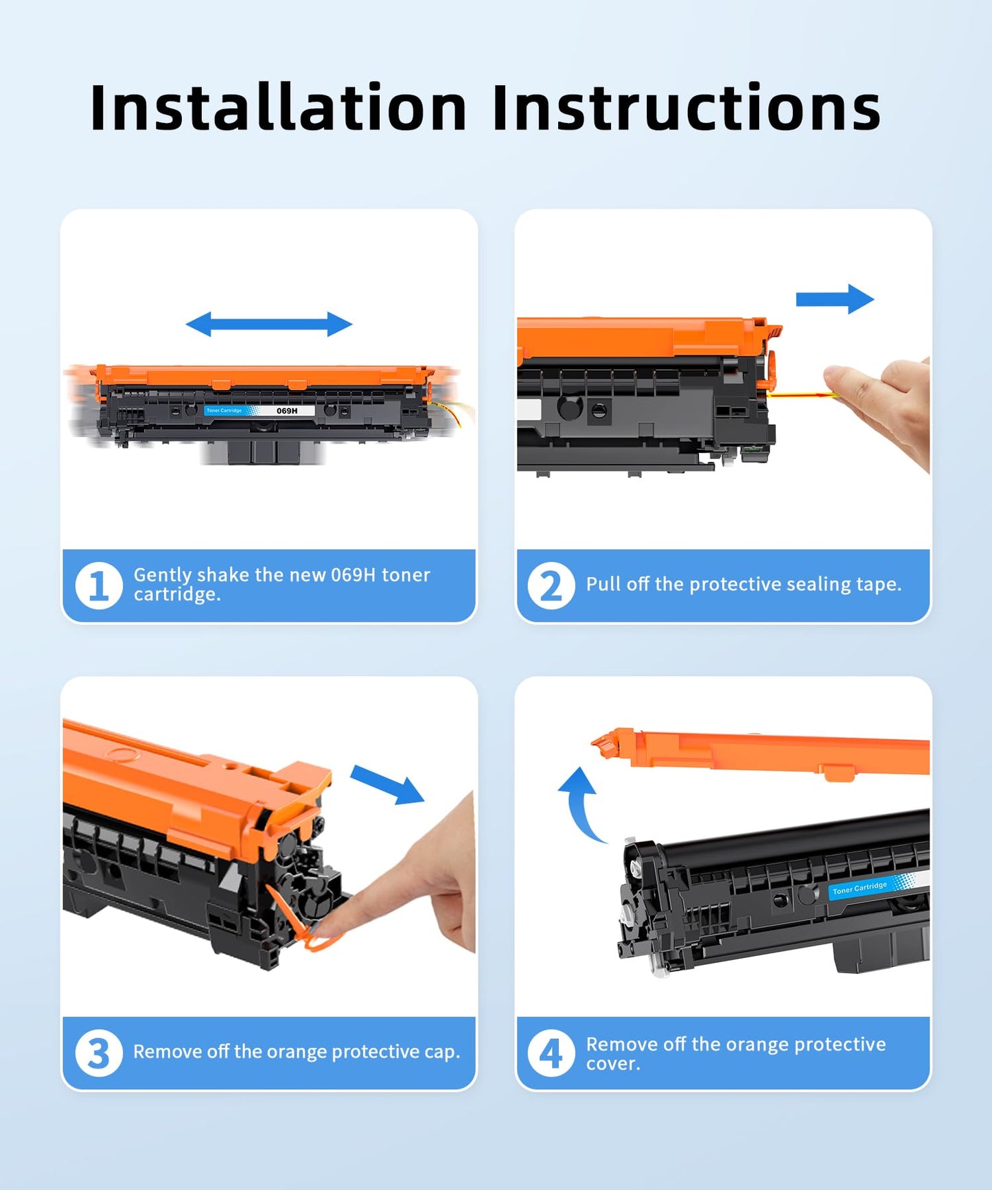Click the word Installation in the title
[x=278, y=108]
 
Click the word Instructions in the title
[x=686, y=108]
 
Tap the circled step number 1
[x=99, y=585]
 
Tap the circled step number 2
[x=551, y=585]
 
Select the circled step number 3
[x=99, y=1053]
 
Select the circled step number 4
[x=551, y=1053]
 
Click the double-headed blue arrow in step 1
[x=269, y=324]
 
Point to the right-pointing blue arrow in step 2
[x=835, y=299]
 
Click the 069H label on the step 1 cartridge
[x=287, y=410]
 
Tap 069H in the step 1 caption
[x=353, y=575]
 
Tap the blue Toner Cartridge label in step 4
[x=860, y=888]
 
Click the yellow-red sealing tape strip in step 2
[x=800, y=395]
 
